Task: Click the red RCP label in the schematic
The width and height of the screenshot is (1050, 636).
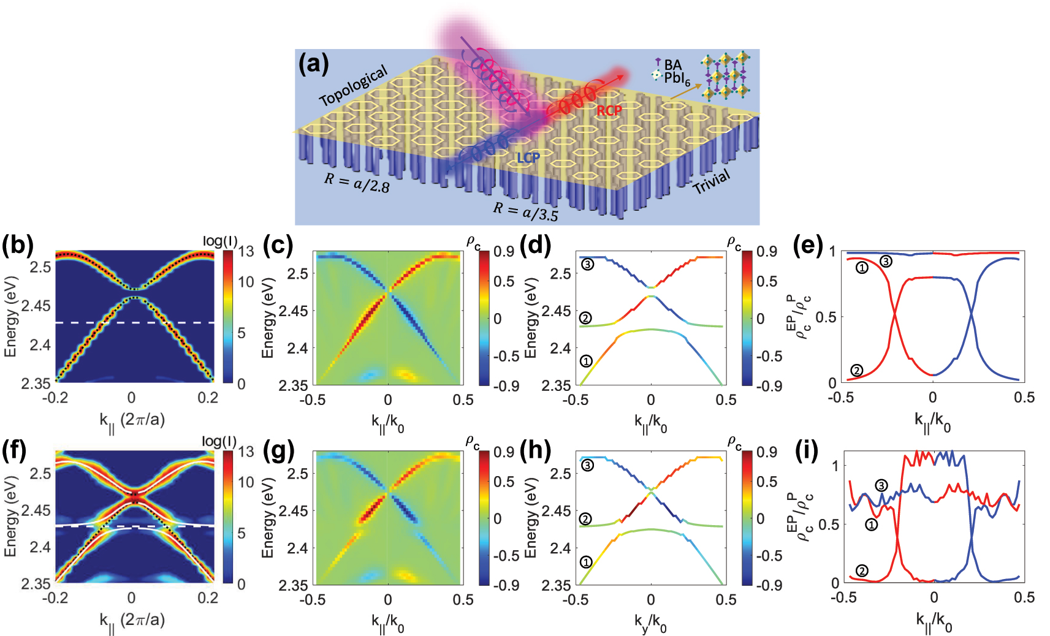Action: pyautogui.click(x=609, y=111)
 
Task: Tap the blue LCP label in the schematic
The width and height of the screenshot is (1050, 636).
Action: pyautogui.click(x=528, y=158)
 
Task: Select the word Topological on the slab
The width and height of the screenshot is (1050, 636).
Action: pyautogui.click(x=354, y=86)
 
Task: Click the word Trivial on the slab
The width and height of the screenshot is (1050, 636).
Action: pyautogui.click(x=712, y=181)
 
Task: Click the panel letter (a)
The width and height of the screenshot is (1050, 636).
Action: pyautogui.click(x=313, y=64)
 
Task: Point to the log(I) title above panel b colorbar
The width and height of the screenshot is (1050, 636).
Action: pyautogui.click(x=219, y=241)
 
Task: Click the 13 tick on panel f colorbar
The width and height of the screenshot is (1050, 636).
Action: pyautogui.click(x=246, y=452)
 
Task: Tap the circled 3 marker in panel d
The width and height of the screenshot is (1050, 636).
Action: pyautogui.click(x=587, y=265)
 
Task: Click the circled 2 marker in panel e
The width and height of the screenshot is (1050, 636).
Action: pyautogui.click(x=857, y=370)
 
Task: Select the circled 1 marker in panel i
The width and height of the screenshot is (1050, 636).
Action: pyautogui.click(x=871, y=524)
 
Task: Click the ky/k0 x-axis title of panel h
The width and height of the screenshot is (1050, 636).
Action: pyautogui.click(x=650, y=624)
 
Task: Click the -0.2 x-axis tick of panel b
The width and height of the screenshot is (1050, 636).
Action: pyautogui.click(x=55, y=398)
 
